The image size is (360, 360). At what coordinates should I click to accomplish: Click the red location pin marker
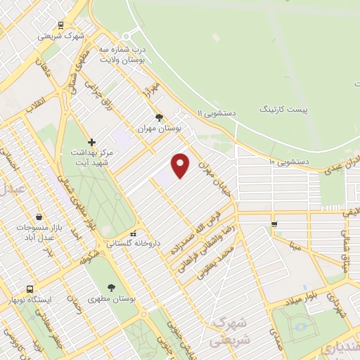(181, 165)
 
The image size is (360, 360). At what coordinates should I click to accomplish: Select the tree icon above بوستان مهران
(159, 117)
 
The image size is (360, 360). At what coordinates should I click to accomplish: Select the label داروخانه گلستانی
(134, 243)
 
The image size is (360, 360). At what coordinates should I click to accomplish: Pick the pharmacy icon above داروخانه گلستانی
(134, 233)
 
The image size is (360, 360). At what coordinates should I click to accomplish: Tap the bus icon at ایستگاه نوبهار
(30, 289)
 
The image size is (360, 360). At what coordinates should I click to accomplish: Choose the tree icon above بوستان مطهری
(111, 287)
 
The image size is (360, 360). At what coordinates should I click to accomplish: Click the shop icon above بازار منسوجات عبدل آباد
(37, 217)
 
